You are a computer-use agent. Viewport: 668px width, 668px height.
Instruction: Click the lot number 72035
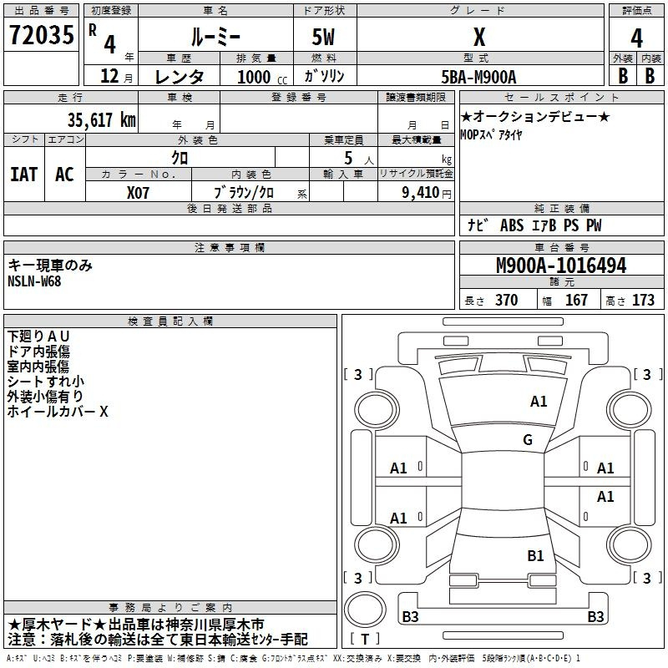[x=41, y=35]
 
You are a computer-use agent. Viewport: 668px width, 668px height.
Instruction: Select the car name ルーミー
[x=215, y=37]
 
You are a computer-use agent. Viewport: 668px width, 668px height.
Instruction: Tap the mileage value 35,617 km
[x=101, y=119]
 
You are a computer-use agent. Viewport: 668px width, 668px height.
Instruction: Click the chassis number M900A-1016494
[x=561, y=266]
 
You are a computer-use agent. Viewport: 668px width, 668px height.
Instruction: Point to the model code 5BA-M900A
[x=478, y=77]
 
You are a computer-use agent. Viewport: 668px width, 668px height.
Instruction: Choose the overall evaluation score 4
[x=636, y=38]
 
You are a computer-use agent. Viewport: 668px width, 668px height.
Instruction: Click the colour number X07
[x=138, y=193]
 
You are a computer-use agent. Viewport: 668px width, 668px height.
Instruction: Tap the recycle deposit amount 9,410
[x=421, y=193]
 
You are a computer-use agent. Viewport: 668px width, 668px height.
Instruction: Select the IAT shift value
[x=24, y=175]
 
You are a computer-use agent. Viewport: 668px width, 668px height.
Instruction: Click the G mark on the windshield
[x=528, y=439]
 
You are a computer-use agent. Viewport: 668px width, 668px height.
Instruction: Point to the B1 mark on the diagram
[x=535, y=555]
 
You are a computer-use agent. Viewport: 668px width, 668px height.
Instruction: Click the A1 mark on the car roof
[x=539, y=401]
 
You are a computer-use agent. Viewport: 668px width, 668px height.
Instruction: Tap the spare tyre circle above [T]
[x=365, y=609]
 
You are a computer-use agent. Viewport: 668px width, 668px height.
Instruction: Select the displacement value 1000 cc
[x=262, y=77]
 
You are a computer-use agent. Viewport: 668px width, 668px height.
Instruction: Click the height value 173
[x=643, y=300]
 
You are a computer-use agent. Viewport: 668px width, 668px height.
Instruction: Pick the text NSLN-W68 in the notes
[x=34, y=281]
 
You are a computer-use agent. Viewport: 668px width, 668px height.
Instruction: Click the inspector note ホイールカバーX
[x=58, y=411]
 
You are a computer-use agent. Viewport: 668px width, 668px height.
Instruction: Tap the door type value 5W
[x=323, y=37]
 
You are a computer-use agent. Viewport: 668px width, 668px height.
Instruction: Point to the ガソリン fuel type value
[x=324, y=76]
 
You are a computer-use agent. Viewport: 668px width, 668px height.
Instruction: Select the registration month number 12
[x=109, y=76]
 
